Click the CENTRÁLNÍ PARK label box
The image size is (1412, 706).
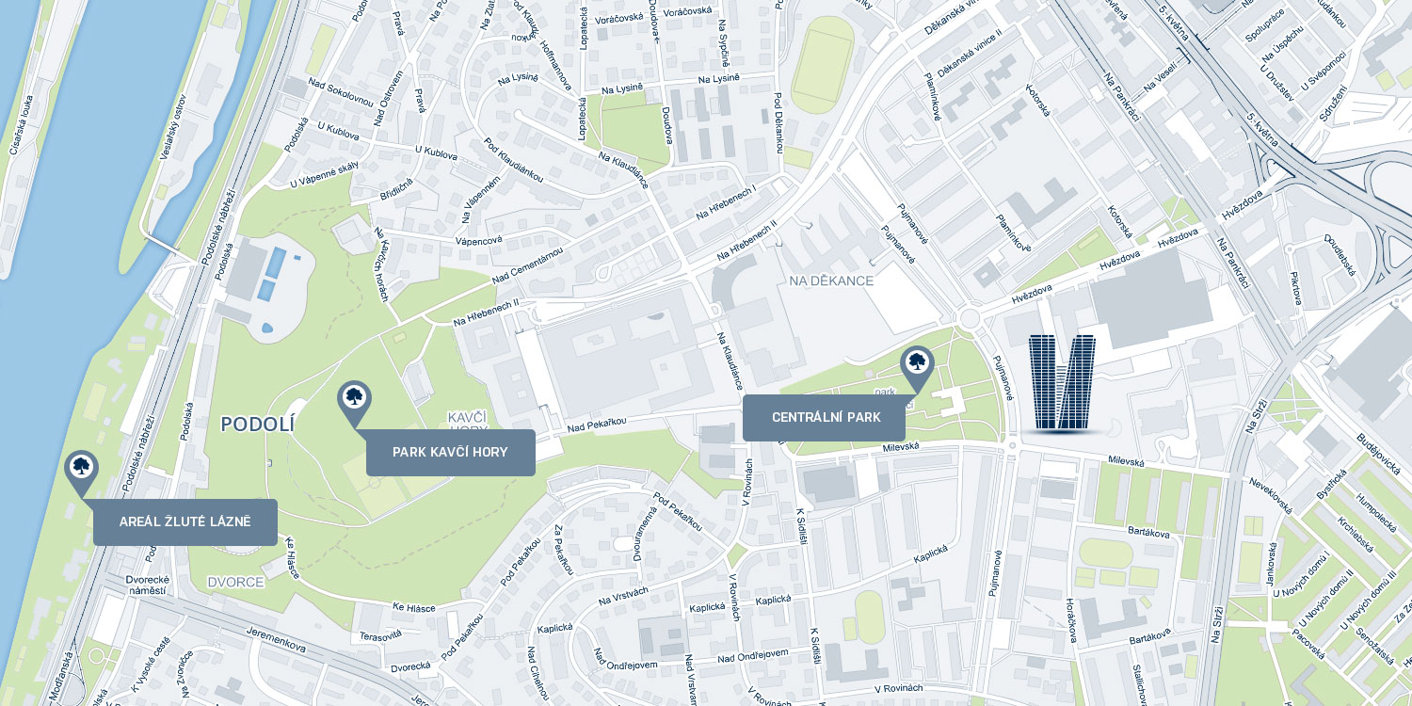pos(824,418)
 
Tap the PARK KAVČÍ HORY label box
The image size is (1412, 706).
pos(450,453)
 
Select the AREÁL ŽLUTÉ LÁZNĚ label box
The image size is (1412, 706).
pos(185,522)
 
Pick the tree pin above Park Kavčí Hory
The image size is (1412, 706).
pos(354,400)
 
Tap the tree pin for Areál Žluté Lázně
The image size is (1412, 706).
pos(81,470)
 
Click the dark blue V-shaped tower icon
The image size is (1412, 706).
pos(1062,382)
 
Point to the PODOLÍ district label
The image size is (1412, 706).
pos(257,425)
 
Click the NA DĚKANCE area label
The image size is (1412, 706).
pos(831,281)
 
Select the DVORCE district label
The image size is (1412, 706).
pos(235,582)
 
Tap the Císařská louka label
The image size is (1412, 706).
pos(21,124)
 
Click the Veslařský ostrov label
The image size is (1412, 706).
pos(173,126)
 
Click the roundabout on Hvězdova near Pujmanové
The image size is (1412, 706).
pos(970,318)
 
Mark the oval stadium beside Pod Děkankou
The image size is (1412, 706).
pos(822,64)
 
